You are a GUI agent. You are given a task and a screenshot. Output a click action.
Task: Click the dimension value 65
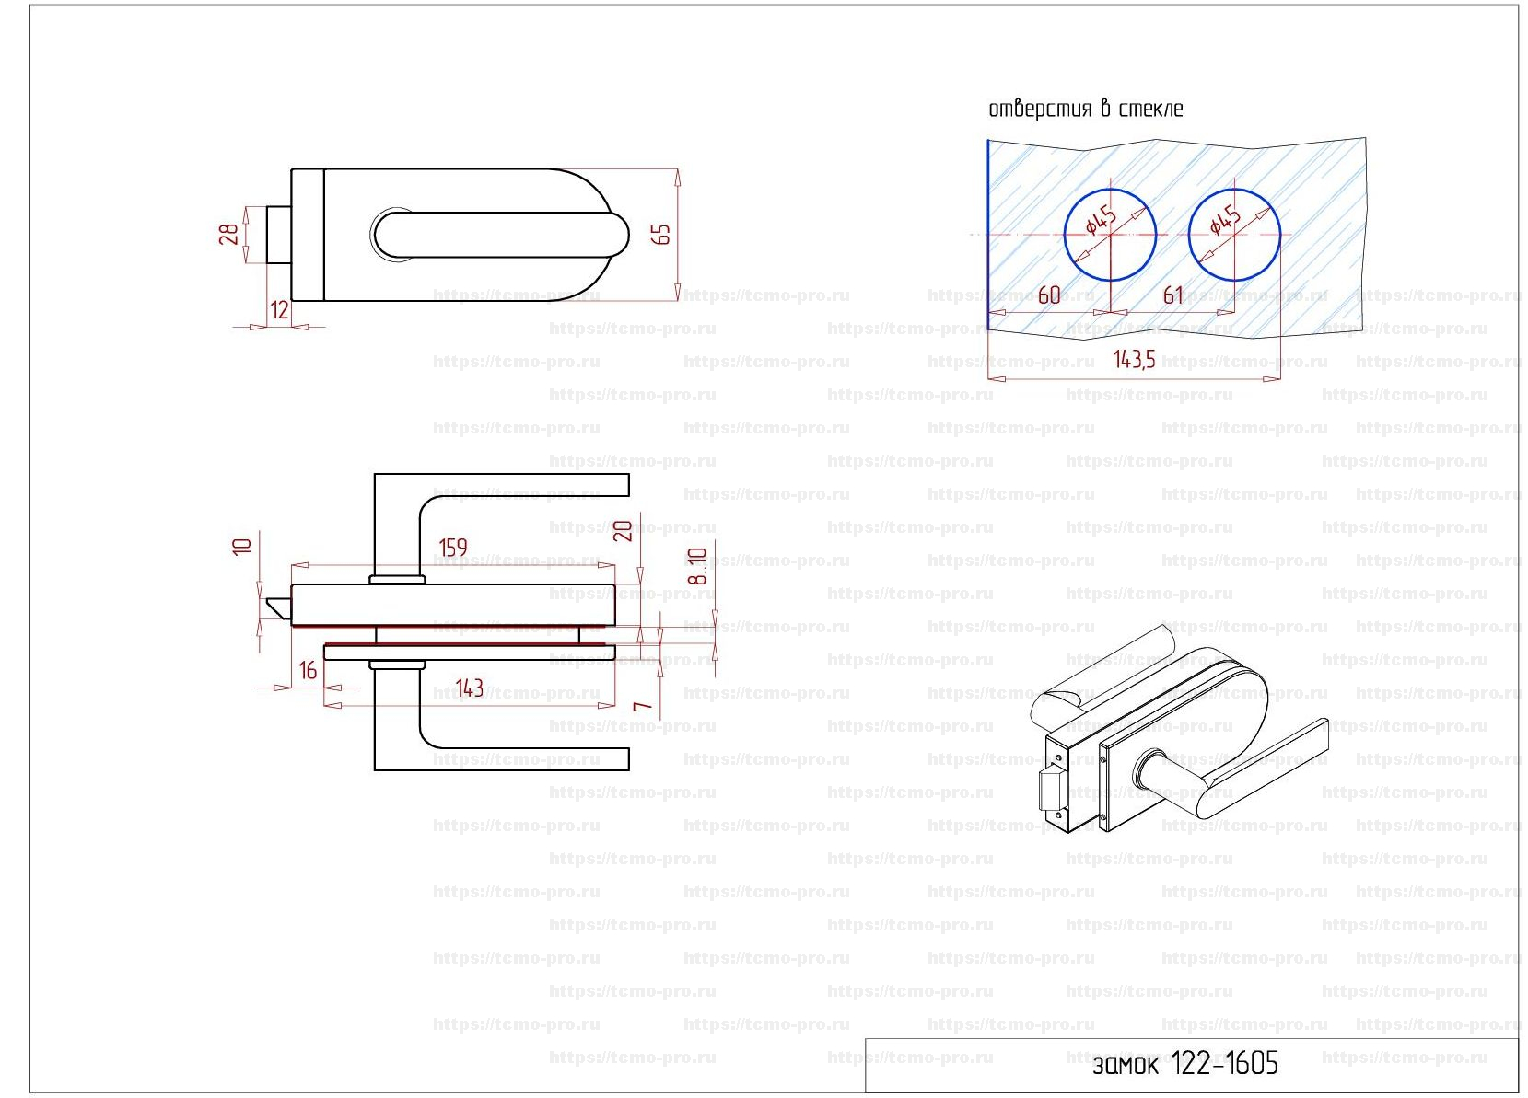(x=661, y=235)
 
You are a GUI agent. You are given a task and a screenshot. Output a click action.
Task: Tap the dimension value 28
(x=228, y=234)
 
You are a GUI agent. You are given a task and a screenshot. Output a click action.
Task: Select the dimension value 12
(x=279, y=310)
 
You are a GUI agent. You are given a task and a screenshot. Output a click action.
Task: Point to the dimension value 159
(x=453, y=549)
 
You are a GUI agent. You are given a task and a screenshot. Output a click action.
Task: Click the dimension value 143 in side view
(x=470, y=688)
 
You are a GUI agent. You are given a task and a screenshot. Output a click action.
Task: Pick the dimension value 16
(x=308, y=670)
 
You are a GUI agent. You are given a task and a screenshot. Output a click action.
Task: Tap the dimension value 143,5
(x=1134, y=360)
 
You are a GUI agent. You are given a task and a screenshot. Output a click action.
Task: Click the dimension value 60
(x=1049, y=295)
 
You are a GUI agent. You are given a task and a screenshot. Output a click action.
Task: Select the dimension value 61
(x=1172, y=295)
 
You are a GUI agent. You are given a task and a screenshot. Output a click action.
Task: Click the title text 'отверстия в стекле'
(x=1085, y=110)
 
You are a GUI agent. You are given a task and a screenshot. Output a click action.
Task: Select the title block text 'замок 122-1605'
(x=1185, y=1065)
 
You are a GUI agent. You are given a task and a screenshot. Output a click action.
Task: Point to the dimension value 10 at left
(x=242, y=546)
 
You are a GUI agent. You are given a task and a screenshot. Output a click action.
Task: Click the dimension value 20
(x=624, y=531)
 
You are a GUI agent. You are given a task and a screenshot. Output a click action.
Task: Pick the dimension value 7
(x=643, y=707)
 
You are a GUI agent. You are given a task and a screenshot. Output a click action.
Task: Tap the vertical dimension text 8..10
(x=697, y=566)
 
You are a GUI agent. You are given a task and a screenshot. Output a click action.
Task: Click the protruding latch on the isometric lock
(x=1048, y=790)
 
